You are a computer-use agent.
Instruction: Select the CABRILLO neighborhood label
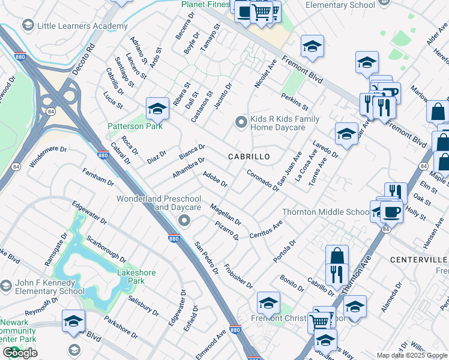249,156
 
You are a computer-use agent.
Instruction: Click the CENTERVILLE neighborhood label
418,259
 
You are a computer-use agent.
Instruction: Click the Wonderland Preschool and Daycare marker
184,221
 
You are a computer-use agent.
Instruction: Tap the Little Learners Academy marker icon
27,26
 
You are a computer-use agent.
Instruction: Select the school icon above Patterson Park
157,108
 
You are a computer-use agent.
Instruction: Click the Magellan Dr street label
226,214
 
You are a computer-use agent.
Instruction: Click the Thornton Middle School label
325,212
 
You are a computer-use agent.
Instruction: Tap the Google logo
20,353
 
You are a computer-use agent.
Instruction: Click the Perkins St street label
294,102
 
